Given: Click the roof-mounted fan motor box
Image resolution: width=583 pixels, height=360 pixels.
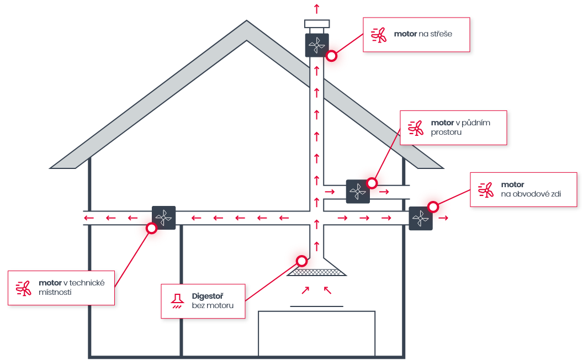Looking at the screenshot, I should pyautogui.click(x=317, y=45).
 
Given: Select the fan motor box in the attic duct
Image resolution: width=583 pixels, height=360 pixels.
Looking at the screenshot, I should pyautogui.click(x=358, y=192).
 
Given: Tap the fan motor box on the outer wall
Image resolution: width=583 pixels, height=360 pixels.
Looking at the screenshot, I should pyautogui.click(x=421, y=218).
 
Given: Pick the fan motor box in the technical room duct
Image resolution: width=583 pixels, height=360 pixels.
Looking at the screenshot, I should pyautogui.click(x=163, y=218).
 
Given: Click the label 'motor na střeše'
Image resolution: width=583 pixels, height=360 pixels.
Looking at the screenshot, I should pyautogui.click(x=423, y=34).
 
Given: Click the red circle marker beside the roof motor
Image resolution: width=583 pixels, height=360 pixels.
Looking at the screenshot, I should pyautogui.click(x=331, y=56).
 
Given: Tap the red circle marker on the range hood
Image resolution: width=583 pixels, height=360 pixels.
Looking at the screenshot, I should pyautogui.click(x=301, y=261).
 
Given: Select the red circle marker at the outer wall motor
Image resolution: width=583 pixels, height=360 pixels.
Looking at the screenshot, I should pyautogui.click(x=433, y=207).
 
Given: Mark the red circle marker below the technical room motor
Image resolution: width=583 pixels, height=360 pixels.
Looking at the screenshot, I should pyautogui.click(x=151, y=228).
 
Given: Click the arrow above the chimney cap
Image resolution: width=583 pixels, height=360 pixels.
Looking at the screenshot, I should pyautogui.click(x=317, y=9).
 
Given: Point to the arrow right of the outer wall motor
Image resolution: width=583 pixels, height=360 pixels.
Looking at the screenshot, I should pyautogui.click(x=443, y=218).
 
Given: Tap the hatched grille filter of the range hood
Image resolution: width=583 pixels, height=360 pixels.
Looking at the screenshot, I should pyautogui.click(x=317, y=272).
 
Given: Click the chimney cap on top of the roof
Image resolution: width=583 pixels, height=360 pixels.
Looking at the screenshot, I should pyautogui.click(x=317, y=24).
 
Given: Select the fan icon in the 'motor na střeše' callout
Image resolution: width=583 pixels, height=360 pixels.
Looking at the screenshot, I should pyautogui.click(x=379, y=35).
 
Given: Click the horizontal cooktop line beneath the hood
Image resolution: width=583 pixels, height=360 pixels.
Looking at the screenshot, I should pyautogui.click(x=317, y=305).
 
